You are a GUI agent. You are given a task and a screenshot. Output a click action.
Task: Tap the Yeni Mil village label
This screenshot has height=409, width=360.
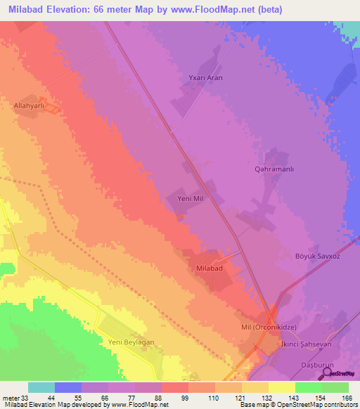(190, 199)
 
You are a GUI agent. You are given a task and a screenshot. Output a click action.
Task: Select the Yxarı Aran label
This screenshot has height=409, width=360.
(206, 77)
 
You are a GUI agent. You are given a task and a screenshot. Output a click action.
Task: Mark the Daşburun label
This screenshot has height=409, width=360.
(314, 356)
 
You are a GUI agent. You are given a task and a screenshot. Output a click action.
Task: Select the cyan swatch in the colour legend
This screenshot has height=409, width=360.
(41, 387)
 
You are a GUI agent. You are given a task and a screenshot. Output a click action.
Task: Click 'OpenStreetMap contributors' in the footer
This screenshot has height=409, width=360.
(319, 405)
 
